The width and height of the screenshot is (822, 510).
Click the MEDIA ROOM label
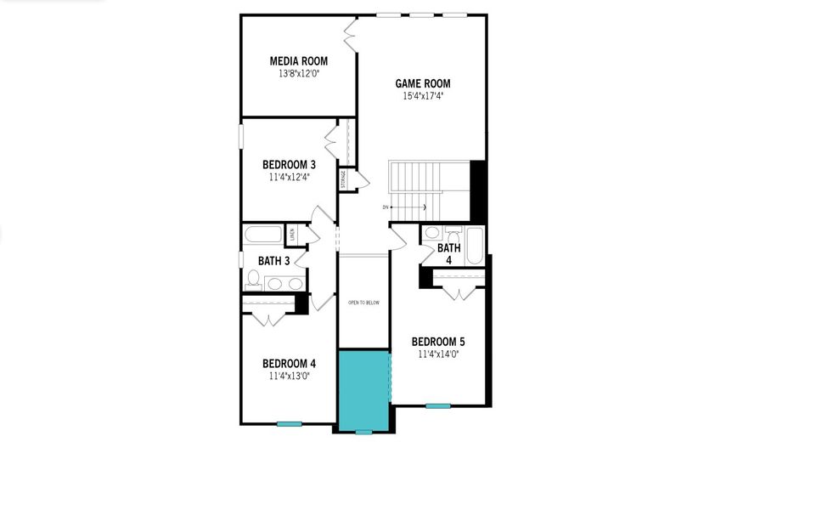(x=298, y=61)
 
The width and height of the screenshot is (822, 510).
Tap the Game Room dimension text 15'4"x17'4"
(x=423, y=96)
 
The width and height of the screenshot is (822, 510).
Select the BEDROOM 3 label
(x=289, y=165)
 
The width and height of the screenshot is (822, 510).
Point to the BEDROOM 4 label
(x=289, y=363)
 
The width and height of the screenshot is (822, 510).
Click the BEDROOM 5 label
(x=437, y=342)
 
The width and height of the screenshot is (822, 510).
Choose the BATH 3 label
(x=274, y=261)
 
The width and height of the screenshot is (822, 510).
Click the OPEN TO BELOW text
(x=363, y=302)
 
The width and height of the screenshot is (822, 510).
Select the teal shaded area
(x=364, y=389)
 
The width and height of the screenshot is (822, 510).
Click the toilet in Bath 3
(x=254, y=278)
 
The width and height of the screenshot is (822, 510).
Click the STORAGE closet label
(x=343, y=180)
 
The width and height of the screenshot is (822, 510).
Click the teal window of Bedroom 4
(x=289, y=423)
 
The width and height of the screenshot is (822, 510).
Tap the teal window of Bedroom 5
(x=437, y=405)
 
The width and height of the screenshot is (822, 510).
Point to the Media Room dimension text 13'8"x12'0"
(x=298, y=74)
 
